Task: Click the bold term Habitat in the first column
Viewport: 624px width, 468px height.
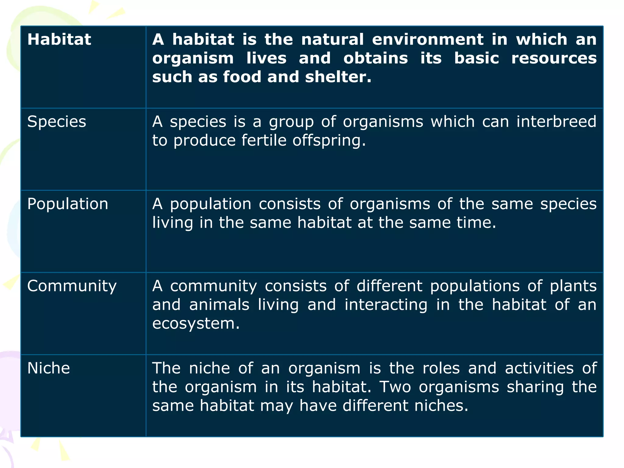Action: (x=59, y=40)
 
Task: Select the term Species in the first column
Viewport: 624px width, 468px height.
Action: (x=57, y=122)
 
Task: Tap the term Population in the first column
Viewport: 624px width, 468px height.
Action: (x=68, y=204)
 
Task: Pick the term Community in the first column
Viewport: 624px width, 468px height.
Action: (x=72, y=286)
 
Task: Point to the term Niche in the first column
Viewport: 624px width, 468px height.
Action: (x=48, y=368)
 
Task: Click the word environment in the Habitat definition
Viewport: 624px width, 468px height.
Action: (x=427, y=40)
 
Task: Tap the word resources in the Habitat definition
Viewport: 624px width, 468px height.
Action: (x=554, y=58)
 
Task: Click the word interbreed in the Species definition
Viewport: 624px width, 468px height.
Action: (x=556, y=122)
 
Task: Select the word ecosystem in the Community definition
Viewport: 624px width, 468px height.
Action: (x=196, y=324)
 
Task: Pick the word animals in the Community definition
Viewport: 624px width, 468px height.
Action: (x=219, y=305)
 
